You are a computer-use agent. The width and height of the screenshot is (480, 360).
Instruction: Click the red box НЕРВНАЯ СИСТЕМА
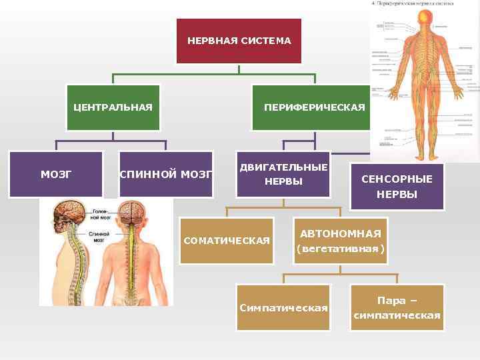239,41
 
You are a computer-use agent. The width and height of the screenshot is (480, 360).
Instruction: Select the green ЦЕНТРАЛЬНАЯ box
113,107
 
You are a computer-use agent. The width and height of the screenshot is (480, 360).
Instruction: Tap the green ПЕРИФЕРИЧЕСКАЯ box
314,107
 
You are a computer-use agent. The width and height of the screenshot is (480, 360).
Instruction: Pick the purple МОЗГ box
56,174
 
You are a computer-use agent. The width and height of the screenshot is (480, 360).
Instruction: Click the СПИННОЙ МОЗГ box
166,175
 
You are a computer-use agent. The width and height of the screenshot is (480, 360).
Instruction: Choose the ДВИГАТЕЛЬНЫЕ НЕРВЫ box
283,174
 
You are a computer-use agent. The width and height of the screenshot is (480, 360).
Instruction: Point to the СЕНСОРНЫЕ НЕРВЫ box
397,187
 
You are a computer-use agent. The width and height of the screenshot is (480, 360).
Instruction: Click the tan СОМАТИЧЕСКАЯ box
227,241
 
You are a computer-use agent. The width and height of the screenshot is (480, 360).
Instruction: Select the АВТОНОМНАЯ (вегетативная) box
340,241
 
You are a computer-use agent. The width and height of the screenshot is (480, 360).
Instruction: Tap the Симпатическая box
283,307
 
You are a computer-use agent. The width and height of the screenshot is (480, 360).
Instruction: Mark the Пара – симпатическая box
397,307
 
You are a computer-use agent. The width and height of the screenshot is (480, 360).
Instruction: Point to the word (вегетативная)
340,249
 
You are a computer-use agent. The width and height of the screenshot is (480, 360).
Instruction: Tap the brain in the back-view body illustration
136,212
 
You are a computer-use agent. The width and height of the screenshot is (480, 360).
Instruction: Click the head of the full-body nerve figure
423,19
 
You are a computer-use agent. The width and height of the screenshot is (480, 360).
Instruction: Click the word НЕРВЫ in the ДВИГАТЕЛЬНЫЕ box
283,181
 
